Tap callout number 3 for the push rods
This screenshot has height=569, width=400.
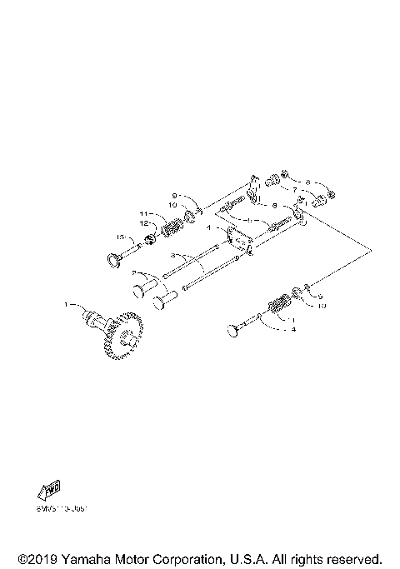[x=172, y=254]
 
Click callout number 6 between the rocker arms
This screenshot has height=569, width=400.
[x=274, y=204]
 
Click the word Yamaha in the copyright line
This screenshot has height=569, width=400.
[x=83, y=558]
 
